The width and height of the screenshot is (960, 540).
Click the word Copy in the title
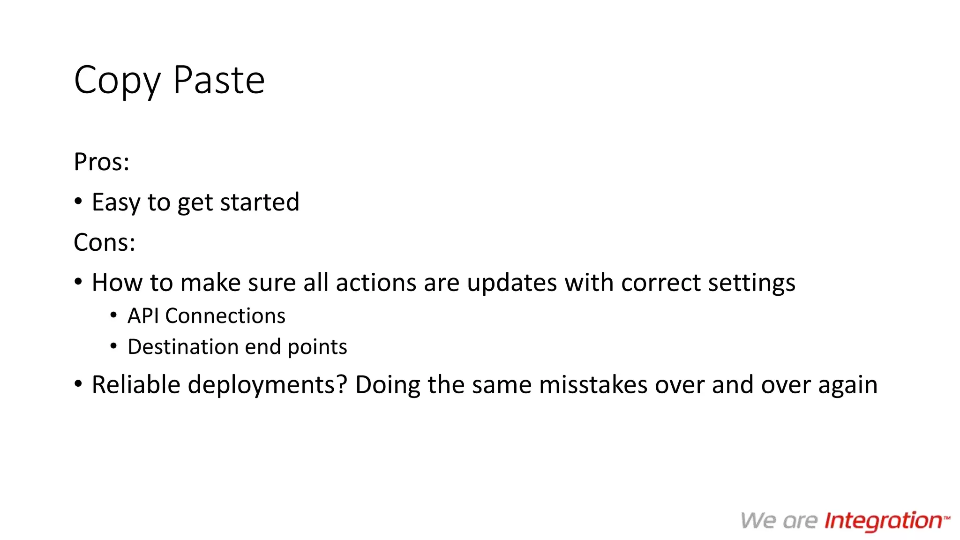pyautogui.click(x=117, y=81)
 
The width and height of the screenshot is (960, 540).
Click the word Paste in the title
pyautogui.click(x=219, y=80)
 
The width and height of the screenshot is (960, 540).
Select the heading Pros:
pyautogui.click(x=101, y=162)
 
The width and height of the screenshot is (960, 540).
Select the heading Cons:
pyautogui.click(x=105, y=243)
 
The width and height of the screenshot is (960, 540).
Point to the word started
pyautogui.click(x=259, y=202)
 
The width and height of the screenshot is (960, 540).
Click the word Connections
pyautogui.click(x=225, y=316)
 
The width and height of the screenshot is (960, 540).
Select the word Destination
pyautogui.click(x=183, y=347)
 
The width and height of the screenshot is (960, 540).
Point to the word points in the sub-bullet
pyautogui.click(x=317, y=347)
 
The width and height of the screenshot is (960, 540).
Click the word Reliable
pyautogui.click(x=136, y=385)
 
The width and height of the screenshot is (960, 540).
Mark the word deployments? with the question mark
pyautogui.click(x=268, y=385)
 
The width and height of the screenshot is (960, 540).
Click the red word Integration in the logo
pyautogui.click(x=883, y=521)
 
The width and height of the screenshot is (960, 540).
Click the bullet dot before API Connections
pyautogui.click(x=113, y=315)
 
